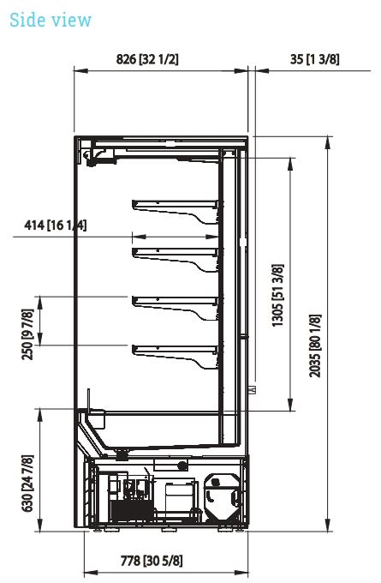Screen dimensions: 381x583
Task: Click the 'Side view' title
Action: coord(51,20)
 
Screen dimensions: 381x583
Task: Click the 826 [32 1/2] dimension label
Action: coord(147,59)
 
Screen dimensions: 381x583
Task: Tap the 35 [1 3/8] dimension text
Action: coord(315,59)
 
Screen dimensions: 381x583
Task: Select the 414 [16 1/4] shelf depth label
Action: coord(56,225)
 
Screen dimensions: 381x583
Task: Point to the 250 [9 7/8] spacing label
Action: coord(28,334)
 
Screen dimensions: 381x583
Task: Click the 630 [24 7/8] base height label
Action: coord(28,483)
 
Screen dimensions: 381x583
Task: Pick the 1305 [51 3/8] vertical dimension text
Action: coord(277,296)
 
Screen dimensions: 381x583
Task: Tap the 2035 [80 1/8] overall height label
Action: coord(315,346)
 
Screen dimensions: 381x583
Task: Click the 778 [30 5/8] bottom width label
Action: coord(152,561)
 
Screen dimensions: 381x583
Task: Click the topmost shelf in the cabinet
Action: coord(175,210)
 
